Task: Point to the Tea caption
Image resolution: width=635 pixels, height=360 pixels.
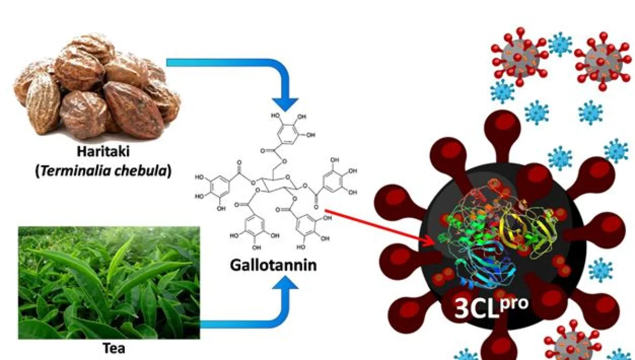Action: (x=113, y=349)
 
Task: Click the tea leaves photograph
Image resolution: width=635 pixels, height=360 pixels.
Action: (x=109, y=283)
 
